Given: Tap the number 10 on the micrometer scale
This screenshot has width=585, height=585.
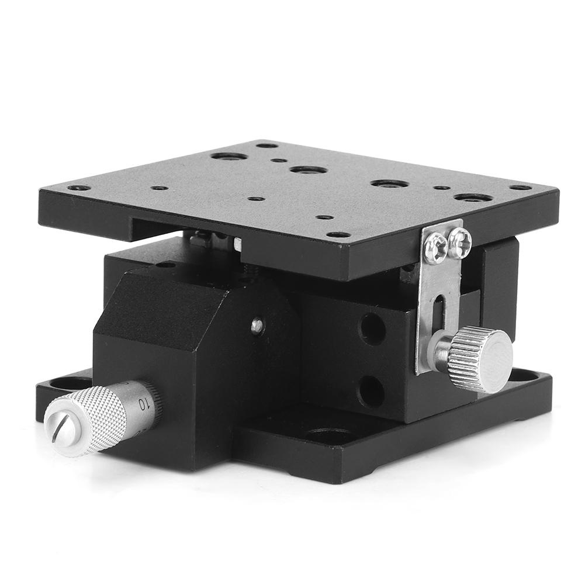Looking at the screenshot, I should tap(142, 403).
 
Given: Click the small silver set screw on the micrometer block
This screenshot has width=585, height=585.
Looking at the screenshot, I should tap(257, 326).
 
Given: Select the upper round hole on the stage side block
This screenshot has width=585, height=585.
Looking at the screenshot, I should tap(372, 329).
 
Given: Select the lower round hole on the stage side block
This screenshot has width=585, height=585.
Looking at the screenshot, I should tap(372, 391).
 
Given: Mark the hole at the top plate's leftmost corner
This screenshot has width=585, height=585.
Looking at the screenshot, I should tap(78, 188).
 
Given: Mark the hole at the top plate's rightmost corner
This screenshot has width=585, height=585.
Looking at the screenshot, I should tap(520, 188).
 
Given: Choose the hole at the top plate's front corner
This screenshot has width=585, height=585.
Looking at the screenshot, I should tap(338, 234).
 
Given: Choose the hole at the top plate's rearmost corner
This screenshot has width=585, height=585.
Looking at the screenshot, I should tap(266, 145).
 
